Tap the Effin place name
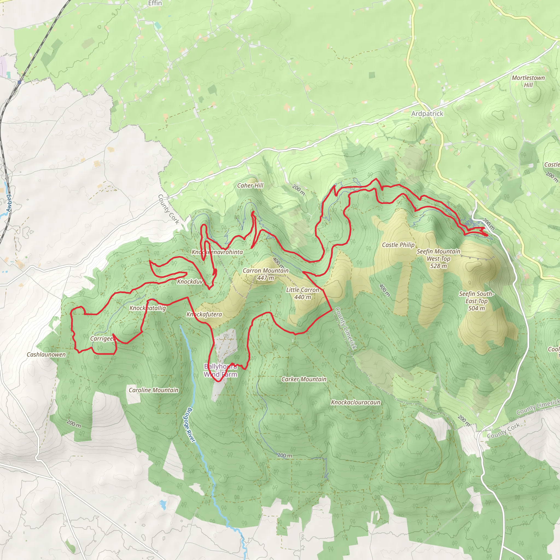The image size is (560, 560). (x=155, y=3)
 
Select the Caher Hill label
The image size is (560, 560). (x=250, y=185)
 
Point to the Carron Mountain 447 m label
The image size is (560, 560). (x=266, y=274)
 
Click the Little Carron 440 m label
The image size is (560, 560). (x=302, y=293)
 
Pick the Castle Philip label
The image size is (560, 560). (x=398, y=245)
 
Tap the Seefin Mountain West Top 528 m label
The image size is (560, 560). (x=438, y=259)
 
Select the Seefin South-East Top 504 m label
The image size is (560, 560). (x=476, y=301)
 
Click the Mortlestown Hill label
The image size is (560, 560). (x=528, y=81)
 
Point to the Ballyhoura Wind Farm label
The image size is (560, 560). (x=220, y=371)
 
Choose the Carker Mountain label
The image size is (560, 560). (x=304, y=379)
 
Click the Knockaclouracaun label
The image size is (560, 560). (x=355, y=402)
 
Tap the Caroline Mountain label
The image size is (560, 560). (x=153, y=390)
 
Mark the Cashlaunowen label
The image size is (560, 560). (x=46, y=354)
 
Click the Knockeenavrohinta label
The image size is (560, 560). (x=217, y=252)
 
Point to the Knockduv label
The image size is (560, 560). (x=190, y=282)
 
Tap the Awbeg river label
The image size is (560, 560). (x=9, y=203)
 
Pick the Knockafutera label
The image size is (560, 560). (x=204, y=314)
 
